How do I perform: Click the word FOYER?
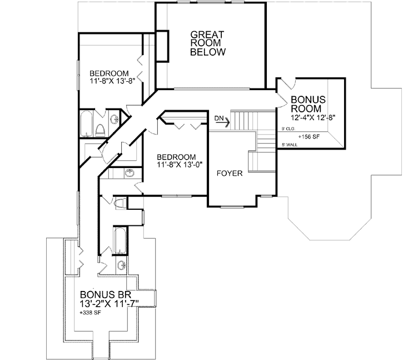pos(230,174)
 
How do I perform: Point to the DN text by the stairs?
pos(220,117)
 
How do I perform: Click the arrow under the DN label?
pos(222,125)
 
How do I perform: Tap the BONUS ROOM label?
pos(308,103)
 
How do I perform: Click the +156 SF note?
pos(309,136)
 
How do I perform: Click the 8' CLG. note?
pos(287,129)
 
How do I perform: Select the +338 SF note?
pos(91,313)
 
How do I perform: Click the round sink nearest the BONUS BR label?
pos(121,264)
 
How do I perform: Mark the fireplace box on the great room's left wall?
pos(162,46)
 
